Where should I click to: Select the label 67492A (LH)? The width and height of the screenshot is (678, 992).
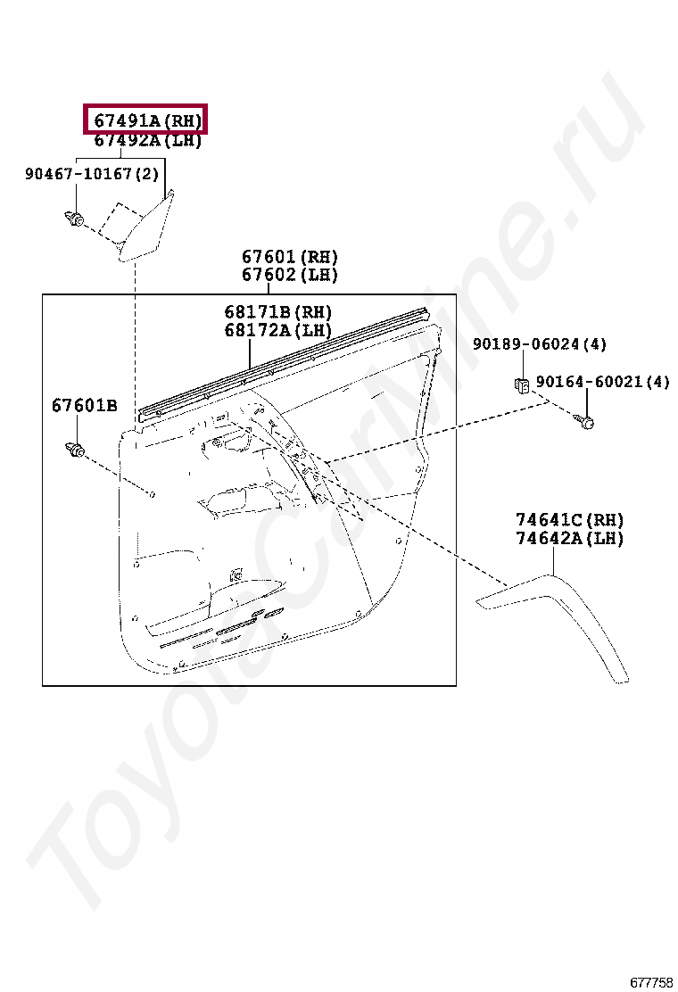coord(148,140)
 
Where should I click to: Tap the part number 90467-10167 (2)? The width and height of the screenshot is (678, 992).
coord(91,174)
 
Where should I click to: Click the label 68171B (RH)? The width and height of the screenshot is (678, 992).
coord(277,312)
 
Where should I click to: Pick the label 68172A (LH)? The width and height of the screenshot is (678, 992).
coord(277,330)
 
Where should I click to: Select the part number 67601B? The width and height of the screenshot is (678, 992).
coord(84,406)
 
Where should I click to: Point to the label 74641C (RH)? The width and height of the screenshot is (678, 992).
coord(569,520)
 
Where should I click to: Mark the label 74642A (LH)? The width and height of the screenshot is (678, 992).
coord(569,538)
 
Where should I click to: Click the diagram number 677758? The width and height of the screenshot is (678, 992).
coord(651,982)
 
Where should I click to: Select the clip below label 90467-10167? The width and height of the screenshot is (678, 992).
coord(74,218)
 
